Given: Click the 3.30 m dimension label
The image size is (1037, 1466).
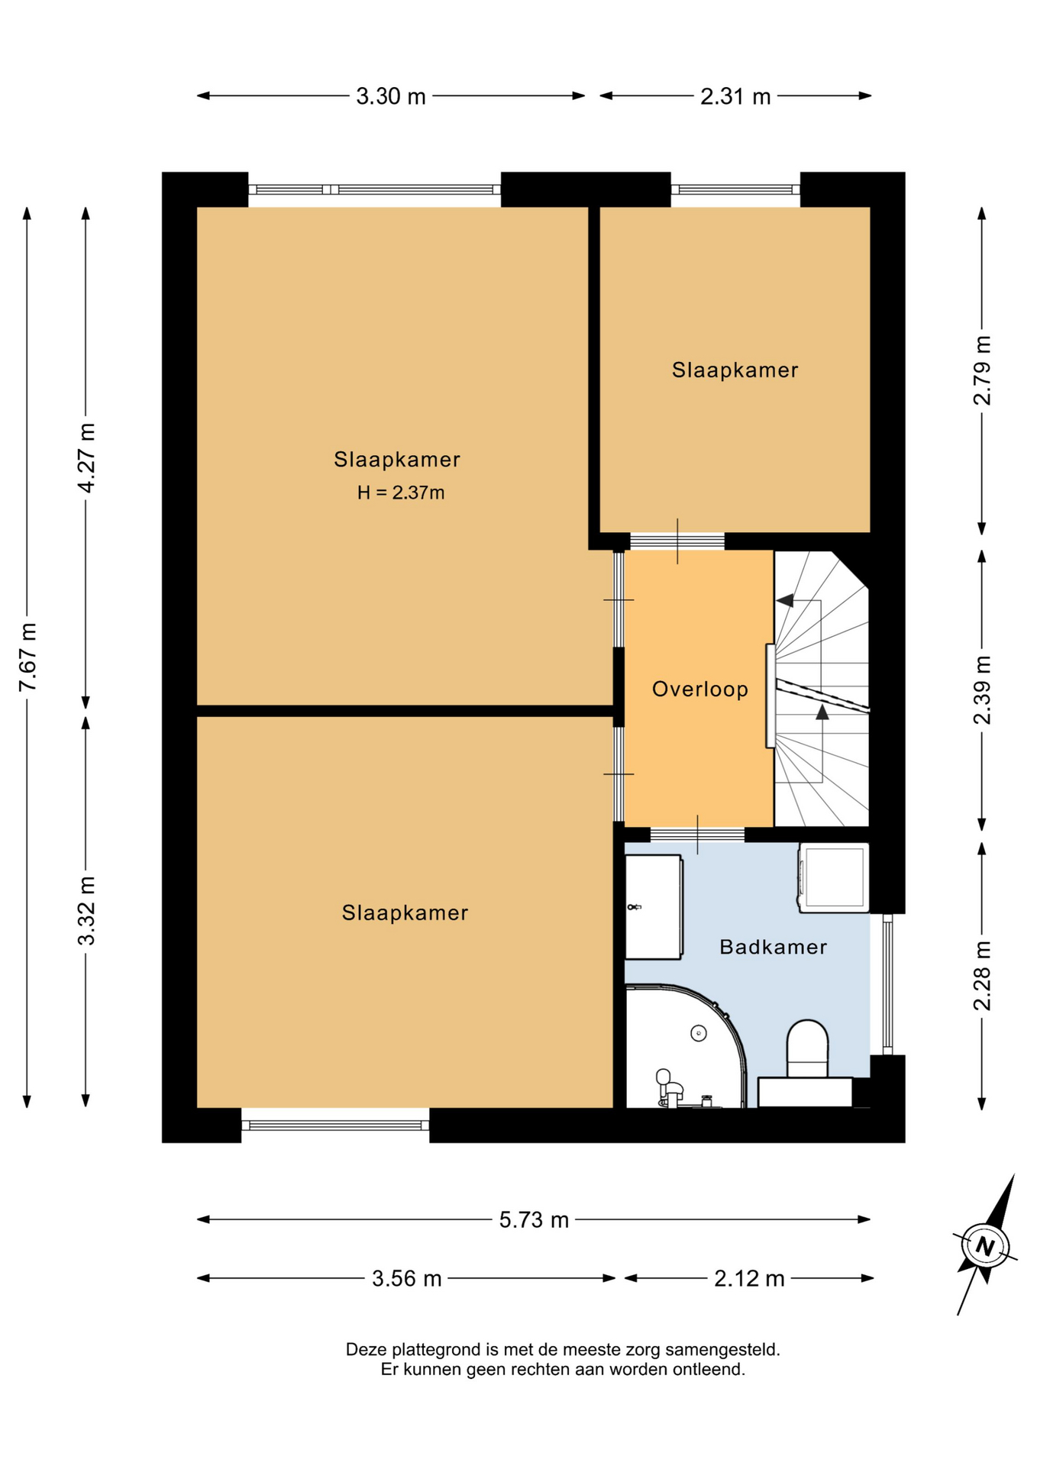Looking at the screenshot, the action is (390, 96).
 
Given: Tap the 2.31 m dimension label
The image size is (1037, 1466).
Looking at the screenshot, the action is (735, 96).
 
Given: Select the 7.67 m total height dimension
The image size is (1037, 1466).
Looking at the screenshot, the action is (27, 657).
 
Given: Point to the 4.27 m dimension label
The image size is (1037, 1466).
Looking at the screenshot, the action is (86, 457).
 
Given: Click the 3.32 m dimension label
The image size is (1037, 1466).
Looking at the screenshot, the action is (86, 910).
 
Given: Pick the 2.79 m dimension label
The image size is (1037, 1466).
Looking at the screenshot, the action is (982, 370).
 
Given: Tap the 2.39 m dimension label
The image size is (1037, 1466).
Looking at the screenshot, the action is (982, 689).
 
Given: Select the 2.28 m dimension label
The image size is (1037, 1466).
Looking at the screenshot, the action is (982, 976).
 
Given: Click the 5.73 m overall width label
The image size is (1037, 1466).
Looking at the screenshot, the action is (534, 1219).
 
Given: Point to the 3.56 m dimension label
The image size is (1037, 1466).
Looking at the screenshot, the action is (406, 1278).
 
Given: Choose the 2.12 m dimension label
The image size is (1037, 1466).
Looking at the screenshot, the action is (749, 1278).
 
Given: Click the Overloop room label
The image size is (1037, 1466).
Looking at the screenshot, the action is (699, 689).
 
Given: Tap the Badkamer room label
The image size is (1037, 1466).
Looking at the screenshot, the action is (773, 947).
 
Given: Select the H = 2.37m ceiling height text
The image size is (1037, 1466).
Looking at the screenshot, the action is (401, 492).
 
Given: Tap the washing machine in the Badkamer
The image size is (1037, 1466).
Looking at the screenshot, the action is (833, 877).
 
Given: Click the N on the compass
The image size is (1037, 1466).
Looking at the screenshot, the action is (985, 1247).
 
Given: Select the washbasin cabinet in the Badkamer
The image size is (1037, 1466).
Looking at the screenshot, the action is (654, 906).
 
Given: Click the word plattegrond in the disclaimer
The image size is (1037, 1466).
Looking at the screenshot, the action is (435, 1349).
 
